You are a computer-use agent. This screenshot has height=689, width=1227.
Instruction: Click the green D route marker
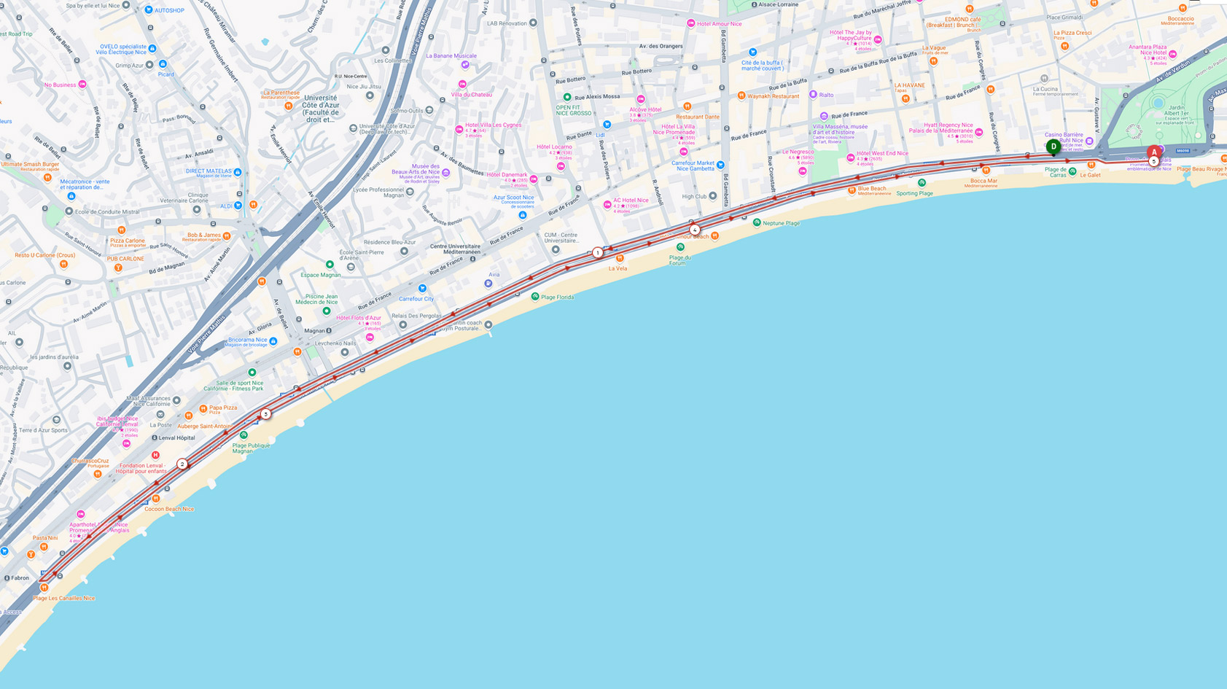coord(1053,147)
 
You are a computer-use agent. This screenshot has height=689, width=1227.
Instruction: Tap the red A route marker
coord(1153,152)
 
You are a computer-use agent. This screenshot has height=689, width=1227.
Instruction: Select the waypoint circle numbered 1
coord(597,253)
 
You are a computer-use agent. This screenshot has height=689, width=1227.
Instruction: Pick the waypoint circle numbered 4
coord(694,230)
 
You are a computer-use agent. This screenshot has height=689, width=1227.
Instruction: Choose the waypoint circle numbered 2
coord(182,464)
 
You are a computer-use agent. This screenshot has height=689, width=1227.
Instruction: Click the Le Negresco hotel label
coord(798,152)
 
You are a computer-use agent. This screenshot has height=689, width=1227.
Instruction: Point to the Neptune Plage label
coord(781,223)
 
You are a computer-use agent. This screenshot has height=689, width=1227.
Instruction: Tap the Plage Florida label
coord(557,297)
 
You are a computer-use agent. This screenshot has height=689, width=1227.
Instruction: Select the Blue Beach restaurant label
coord(872,189)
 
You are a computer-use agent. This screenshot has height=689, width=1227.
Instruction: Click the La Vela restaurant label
coord(618,268)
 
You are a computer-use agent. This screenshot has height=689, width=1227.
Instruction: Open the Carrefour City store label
coord(416,299)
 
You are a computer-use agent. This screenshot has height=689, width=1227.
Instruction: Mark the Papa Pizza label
coord(222,408)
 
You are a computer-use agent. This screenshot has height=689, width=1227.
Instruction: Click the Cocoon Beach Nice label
coord(169,509)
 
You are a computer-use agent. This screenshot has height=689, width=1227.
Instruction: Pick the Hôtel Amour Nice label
coord(719,23)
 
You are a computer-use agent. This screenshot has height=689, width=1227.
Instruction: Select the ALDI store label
coord(226,206)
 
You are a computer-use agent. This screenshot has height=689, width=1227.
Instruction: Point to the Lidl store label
coord(601,135)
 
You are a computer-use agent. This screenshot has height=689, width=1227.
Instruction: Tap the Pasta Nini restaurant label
coord(45,538)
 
